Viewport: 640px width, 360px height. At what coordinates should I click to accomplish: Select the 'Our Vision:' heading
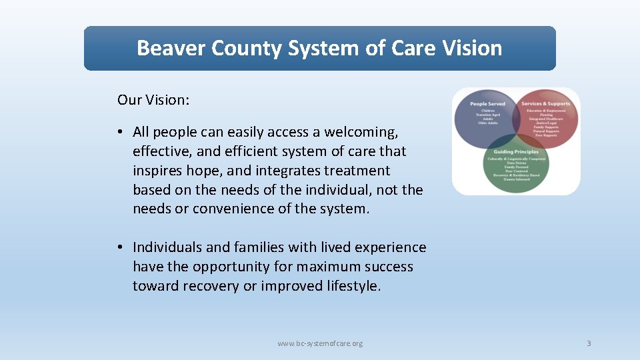(153, 100)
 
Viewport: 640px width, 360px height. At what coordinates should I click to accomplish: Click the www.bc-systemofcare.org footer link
(320, 343)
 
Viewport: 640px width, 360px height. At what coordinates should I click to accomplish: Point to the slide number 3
(589, 343)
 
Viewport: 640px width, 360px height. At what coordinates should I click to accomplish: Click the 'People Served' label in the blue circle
(487, 104)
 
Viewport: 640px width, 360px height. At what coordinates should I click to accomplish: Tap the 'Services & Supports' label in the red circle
(545, 104)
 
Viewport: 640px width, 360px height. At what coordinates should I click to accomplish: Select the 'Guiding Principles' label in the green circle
(517, 152)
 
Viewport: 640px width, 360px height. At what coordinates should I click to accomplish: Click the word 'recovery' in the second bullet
(206, 286)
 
